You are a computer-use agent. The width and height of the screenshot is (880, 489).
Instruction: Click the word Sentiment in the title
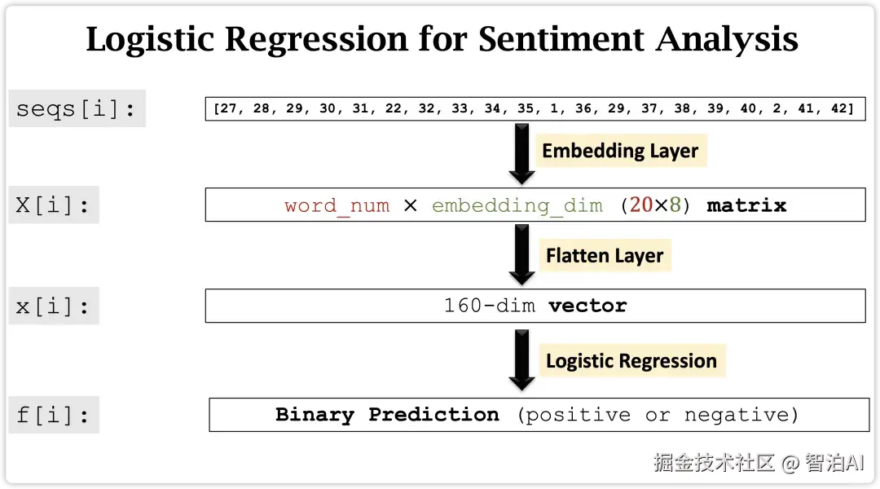(x=560, y=39)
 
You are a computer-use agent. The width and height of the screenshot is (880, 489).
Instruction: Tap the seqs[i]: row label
(x=77, y=108)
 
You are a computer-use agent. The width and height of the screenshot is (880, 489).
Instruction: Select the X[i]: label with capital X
(x=53, y=205)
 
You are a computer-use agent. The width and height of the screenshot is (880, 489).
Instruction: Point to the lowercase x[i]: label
(x=53, y=306)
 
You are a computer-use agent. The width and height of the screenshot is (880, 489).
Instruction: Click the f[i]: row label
(x=53, y=415)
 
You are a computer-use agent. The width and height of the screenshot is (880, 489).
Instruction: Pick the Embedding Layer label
(x=620, y=151)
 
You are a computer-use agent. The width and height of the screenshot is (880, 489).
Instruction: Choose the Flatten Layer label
(x=605, y=255)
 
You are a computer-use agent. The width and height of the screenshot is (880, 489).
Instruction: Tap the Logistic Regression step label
(x=631, y=360)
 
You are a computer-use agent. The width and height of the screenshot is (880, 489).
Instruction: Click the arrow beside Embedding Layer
(x=522, y=154)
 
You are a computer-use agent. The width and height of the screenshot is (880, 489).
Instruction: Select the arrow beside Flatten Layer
(x=522, y=255)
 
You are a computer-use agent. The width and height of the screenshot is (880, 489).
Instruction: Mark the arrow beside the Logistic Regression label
(x=522, y=360)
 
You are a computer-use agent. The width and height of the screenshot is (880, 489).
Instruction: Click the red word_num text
(x=337, y=205)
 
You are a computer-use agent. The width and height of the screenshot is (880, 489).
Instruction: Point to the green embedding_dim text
(x=517, y=205)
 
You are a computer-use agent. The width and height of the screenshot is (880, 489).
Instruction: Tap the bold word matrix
(x=746, y=205)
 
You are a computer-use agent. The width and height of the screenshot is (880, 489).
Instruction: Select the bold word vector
(x=587, y=306)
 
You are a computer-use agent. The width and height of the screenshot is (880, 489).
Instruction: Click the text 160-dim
(x=490, y=306)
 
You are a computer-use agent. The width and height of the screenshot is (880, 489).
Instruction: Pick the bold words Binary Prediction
(x=387, y=414)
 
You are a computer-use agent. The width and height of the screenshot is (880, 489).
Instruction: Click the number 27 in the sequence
(x=228, y=108)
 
